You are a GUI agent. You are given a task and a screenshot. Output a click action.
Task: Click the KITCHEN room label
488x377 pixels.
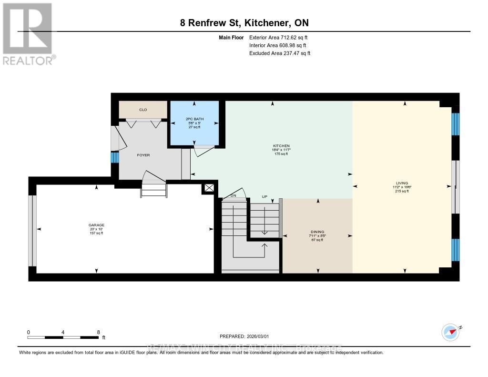pyautogui.click(x=281, y=146)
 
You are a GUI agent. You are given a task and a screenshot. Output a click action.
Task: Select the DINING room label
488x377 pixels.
pyautogui.click(x=317, y=232)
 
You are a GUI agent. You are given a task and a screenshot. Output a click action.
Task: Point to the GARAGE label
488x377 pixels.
pyautogui.click(x=96, y=225)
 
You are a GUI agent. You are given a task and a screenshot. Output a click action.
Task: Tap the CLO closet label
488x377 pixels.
pyautogui.click(x=142, y=110)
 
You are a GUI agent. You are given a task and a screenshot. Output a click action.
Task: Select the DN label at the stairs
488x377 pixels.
pyautogui.click(x=233, y=195)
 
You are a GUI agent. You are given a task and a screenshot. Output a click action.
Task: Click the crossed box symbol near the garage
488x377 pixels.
pyautogui.click(x=209, y=188)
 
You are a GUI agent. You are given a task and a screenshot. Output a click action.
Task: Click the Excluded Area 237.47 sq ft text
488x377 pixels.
pyautogui.click(x=280, y=53)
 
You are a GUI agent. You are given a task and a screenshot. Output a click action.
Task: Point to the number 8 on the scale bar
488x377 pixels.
pyautogui.click(x=98, y=332)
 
